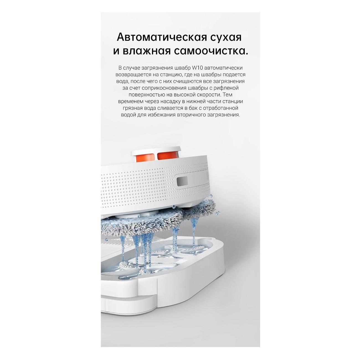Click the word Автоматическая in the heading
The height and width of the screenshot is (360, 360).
click(162, 37)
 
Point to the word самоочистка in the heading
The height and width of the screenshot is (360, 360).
click(209, 51)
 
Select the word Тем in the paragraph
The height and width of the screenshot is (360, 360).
click(228, 94)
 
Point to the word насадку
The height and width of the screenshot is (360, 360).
click(158, 101)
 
